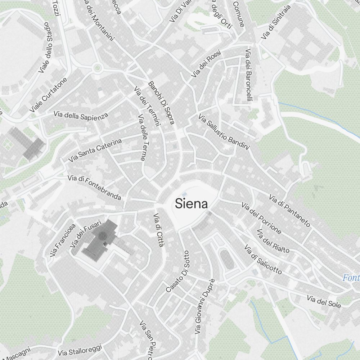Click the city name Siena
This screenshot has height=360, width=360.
coord(192,204)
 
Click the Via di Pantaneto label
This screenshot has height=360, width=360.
coord(289,211)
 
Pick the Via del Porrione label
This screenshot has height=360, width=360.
coord(261,218)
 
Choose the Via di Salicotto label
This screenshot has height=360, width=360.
coord(263,260)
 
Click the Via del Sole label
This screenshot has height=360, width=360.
coord(324,302)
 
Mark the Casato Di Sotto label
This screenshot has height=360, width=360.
coord(177,271)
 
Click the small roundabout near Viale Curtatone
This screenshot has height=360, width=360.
coord(97,68)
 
